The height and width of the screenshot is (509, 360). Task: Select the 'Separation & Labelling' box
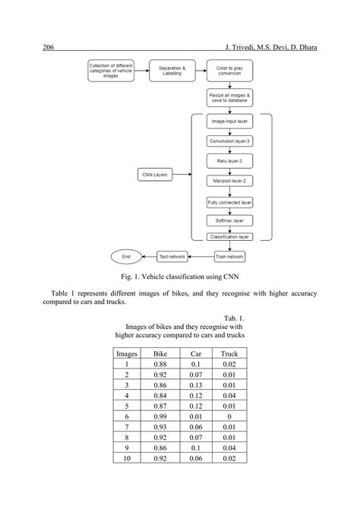click(x=171, y=71)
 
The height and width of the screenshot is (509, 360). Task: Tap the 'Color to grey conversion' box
click(x=229, y=71)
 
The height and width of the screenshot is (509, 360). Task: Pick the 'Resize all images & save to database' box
click(x=229, y=97)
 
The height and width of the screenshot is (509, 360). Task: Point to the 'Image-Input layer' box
click(x=229, y=121)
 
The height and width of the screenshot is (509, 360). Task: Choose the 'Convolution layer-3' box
click(x=229, y=141)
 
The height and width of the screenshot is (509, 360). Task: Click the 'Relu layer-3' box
click(x=229, y=160)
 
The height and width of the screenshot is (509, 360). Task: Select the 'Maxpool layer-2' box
click(x=229, y=181)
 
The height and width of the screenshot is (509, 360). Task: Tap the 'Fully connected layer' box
click(x=229, y=203)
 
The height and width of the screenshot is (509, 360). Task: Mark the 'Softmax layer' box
click(x=229, y=220)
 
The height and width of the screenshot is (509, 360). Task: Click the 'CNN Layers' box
click(x=155, y=175)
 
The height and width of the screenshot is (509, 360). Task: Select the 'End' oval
click(x=126, y=257)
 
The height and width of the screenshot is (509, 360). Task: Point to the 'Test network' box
click(x=172, y=257)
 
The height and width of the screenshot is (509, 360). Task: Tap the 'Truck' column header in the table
click(x=229, y=353)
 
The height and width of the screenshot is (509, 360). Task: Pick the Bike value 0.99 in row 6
click(x=161, y=417)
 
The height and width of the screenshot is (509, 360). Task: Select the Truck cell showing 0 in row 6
click(x=229, y=417)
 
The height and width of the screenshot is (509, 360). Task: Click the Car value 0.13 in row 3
click(x=195, y=385)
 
